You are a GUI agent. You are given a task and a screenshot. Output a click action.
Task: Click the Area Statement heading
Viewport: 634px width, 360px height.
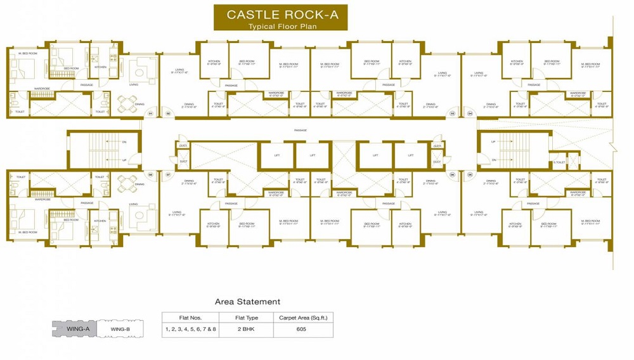pos(247,302)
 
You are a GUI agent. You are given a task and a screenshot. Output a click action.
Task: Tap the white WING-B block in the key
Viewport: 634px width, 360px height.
pos(120,329)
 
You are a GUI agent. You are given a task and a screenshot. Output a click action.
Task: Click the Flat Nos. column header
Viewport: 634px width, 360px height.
pos(191,318)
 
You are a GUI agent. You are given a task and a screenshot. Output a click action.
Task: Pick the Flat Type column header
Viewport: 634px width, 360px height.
pos(247,318)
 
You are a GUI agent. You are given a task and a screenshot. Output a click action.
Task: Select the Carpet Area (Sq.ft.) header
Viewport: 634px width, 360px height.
pos(302,318)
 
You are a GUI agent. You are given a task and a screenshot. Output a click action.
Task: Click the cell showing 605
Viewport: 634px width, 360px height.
pos(302,329)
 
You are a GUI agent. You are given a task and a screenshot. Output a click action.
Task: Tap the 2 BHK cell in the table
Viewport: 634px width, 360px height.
pos(247,329)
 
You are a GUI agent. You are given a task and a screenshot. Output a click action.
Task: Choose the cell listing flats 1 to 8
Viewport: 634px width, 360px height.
pos(191,329)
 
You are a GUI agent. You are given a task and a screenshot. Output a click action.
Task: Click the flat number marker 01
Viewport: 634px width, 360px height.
pos(151,113)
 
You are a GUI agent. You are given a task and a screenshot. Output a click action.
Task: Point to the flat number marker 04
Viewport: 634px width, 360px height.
pos(470,113)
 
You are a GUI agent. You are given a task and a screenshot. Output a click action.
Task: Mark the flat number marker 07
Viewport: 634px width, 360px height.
pos(169,174)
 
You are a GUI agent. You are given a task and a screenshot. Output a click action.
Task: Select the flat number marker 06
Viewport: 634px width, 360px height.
pos(453,174)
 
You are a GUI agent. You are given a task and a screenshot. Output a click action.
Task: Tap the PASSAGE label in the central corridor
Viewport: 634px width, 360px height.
pos(301,131)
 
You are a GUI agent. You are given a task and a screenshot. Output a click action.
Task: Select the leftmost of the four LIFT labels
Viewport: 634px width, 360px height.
pos(277,155)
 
